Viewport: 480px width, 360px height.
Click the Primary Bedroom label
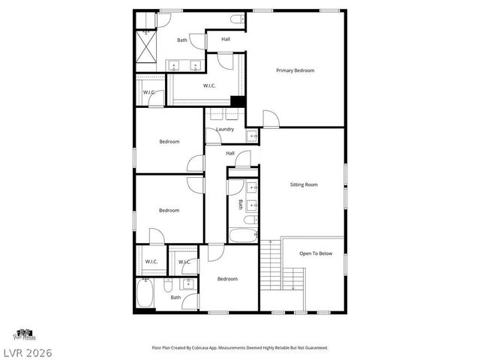point(295,70)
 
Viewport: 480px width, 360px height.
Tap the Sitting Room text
point(304,184)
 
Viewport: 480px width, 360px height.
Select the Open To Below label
point(316,253)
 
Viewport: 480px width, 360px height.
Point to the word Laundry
point(225,129)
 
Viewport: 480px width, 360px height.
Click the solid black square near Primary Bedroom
point(238,102)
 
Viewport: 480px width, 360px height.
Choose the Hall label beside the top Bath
point(226,40)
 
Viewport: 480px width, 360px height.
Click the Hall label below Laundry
point(230,154)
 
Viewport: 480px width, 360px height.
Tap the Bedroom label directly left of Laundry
point(169,142)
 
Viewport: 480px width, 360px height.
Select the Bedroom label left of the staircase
point(227,279)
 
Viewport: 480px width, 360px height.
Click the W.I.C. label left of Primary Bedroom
point(210,85)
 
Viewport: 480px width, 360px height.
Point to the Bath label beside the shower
point(182,40)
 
